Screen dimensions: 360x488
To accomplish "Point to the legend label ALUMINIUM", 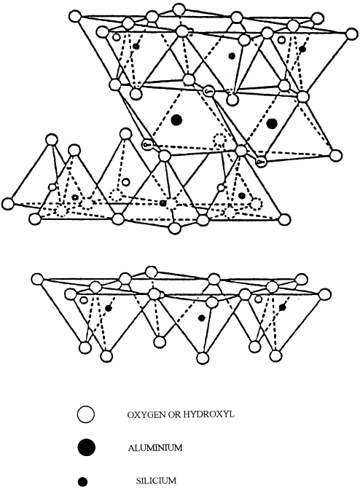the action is [155, 448].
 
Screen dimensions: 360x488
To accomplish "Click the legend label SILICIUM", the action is [156, 480].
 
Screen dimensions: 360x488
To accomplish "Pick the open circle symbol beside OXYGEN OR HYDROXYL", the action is [85, 414].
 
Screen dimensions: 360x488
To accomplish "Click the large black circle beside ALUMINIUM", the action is [86, 447].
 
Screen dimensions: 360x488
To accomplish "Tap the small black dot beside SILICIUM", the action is [82, 481].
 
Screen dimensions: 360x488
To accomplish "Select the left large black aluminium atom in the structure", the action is [177, 120].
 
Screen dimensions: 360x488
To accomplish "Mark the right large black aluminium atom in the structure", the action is [272, 124].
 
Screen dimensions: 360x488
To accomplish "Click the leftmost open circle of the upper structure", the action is [9, 204].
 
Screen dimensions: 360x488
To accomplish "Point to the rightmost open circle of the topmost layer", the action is [351, 34].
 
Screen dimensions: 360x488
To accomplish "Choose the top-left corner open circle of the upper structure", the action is [75, 16].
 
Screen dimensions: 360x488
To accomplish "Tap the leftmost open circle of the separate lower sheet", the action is [37, 278].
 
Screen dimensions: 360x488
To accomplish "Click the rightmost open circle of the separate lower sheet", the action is [324, 294].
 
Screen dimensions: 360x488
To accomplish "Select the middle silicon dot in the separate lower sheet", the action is [201, 318].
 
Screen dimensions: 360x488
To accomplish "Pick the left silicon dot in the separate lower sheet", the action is [109, 308].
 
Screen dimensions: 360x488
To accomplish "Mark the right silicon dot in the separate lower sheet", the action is [282, 307].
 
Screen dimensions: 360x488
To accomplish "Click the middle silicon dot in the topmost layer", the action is [232, 55].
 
